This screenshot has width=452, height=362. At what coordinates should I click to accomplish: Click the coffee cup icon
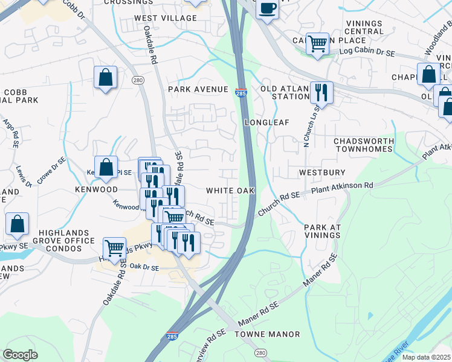click(266, 9)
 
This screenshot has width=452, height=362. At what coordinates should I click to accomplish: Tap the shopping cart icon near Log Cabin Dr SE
click(317, 44)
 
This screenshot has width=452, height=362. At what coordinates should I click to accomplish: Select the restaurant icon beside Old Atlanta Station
click(321, 93)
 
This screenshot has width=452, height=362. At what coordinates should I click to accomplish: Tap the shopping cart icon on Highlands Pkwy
click(114, 247)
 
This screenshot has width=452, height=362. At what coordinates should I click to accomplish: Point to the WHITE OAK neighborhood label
click(230, 190)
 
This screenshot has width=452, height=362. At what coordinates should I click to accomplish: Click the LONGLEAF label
click(267, 122)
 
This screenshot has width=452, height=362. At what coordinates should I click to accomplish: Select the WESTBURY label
click(322, 172)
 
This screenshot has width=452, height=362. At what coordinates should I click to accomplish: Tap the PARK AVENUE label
click(199, 89)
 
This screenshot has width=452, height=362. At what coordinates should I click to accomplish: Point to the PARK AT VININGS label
click(323, 232)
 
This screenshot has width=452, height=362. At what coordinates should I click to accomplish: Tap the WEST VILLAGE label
click(166, 18)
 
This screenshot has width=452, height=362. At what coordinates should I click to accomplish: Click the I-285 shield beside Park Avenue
click(241, 90)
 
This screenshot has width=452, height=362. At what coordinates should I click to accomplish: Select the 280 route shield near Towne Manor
click(260, 352)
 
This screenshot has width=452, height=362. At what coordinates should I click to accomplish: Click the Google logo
click(21, 354)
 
